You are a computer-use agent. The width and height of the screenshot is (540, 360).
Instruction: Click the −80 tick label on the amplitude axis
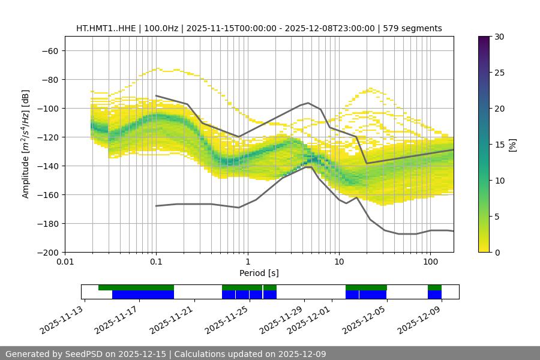[50, 79]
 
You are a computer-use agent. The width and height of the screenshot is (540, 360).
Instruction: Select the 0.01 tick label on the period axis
[65, 262]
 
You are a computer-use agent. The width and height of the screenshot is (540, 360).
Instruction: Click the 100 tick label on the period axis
[430, 262]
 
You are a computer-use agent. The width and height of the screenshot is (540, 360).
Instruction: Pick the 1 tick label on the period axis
[247, 262]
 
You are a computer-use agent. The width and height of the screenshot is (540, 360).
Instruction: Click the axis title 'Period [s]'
[259, 273]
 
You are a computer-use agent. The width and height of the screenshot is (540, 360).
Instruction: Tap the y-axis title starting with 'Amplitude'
[26, 144]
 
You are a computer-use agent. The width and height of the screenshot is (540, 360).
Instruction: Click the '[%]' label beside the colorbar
[512, 145]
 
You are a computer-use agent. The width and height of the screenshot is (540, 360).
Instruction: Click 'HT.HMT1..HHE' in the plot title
[106, 28]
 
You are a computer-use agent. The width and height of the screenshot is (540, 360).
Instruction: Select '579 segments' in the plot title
[413, 28]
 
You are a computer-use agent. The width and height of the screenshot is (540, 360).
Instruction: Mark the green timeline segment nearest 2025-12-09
[434, 287]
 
